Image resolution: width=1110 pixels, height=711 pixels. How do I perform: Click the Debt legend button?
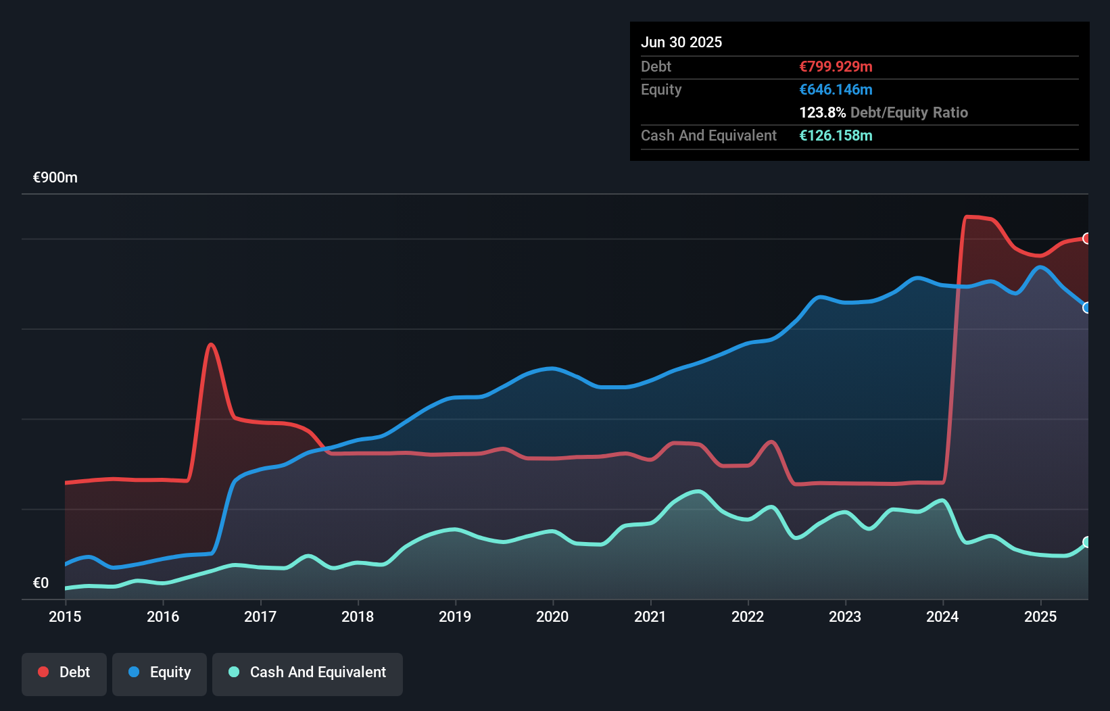point(64,673)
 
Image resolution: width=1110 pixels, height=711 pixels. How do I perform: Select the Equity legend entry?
point(160,673)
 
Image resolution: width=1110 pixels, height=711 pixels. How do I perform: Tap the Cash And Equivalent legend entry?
point(308,673)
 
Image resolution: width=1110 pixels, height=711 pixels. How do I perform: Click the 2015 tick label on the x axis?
point(65,616)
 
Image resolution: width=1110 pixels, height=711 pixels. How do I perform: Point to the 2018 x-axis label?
point(358,616)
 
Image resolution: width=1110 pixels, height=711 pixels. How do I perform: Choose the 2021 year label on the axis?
point(650,616)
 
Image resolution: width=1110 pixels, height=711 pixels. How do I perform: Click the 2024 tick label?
point(942,616)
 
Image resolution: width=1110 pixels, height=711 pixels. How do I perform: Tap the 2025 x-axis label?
point(1040,616)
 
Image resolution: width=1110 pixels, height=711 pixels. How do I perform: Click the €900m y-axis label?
point(55,178)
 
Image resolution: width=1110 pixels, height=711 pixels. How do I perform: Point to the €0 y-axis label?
point(41,583)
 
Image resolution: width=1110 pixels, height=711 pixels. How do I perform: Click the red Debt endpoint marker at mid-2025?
point(1087,239)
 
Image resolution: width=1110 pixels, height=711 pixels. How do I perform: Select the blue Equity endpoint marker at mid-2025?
point(1087,308)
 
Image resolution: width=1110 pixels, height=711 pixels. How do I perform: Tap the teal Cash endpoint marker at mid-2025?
point(1087,542)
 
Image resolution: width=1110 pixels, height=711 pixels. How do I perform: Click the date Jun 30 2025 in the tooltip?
point(681,42)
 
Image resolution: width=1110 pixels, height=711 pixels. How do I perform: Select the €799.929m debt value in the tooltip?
point(836,66)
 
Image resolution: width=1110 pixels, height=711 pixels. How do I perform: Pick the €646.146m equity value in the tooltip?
point(836,89)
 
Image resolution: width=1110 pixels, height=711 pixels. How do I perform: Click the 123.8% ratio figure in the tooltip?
point(822,112)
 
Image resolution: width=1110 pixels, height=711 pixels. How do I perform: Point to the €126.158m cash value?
point(836,135)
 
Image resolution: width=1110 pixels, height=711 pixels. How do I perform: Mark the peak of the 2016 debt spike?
point(212,345)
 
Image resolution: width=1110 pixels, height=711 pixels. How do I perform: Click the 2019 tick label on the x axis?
point(455,616)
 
